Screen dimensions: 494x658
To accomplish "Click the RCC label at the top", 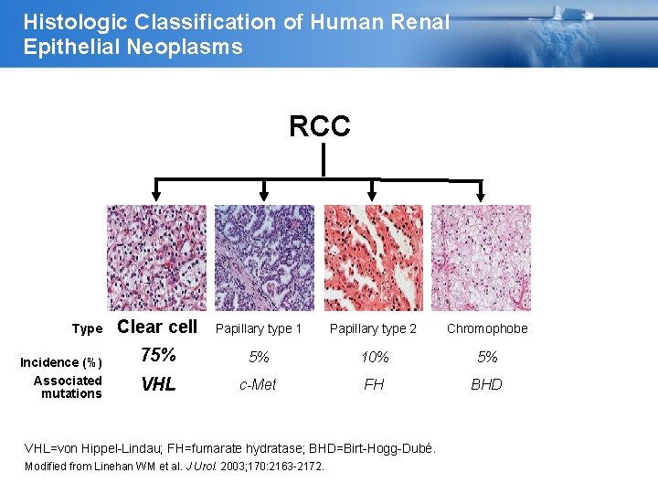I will pos(320,126).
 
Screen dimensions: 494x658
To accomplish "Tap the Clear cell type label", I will pos(157,327).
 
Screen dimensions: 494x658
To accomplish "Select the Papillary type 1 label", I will pos(259,328).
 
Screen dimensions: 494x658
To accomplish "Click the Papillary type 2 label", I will pos(373,328).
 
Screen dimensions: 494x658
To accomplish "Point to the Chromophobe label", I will pos(487,328).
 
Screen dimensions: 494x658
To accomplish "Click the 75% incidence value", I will pos(158,356).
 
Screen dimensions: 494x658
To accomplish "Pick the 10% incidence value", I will pos(375,357).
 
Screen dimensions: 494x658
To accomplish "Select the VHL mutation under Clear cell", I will pos(159,385).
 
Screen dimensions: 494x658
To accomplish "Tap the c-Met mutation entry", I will pos(258,385).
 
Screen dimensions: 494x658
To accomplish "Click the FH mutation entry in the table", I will pos(374,385).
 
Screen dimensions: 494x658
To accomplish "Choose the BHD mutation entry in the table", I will pos(486,385).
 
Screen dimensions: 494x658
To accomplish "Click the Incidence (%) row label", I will pos(61,362).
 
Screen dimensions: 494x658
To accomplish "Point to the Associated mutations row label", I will pos(69,387).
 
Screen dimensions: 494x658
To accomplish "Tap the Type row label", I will pos(88,328).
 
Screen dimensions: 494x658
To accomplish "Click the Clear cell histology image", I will pos(157,258).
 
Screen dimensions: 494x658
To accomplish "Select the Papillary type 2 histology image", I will pos(374,258).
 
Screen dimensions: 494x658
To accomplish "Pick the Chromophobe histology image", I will pos(481,258).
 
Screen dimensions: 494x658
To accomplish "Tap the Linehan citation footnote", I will pos(173,467).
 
